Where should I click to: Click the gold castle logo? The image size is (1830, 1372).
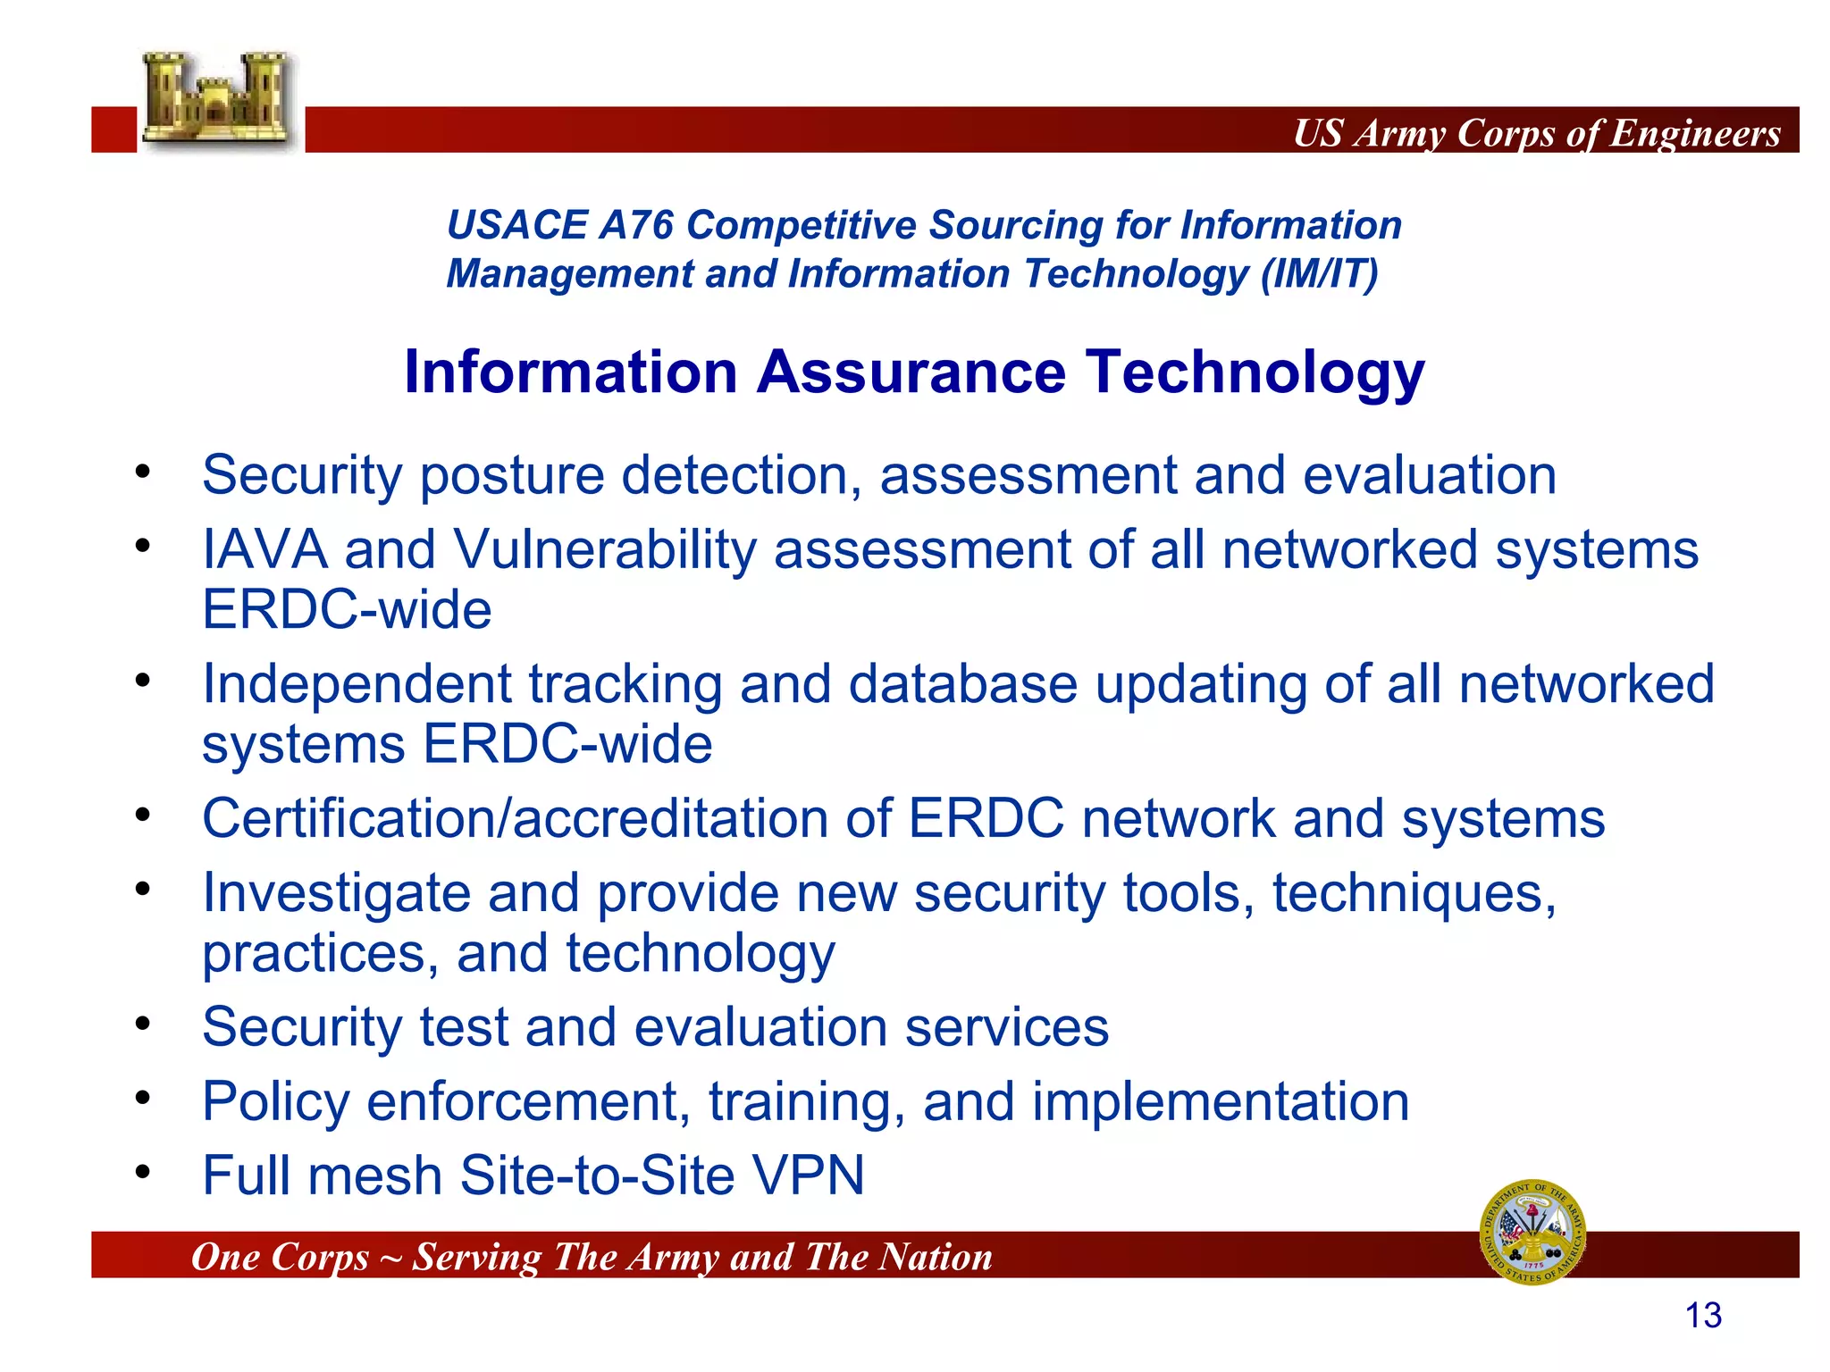217,100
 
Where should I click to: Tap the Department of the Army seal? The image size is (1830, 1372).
1532,1232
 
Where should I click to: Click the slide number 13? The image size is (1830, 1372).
1702,1316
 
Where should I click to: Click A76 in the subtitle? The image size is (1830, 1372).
636,225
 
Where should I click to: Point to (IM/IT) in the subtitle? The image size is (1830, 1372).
1319,273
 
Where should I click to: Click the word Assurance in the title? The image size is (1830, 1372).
911,372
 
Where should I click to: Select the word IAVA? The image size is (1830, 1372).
264,549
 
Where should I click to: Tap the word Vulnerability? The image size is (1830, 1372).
605,549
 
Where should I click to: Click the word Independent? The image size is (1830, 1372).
357,684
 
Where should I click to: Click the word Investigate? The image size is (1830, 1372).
336,893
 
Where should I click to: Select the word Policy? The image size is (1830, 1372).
275,1101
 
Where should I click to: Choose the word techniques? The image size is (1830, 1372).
1414,893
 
